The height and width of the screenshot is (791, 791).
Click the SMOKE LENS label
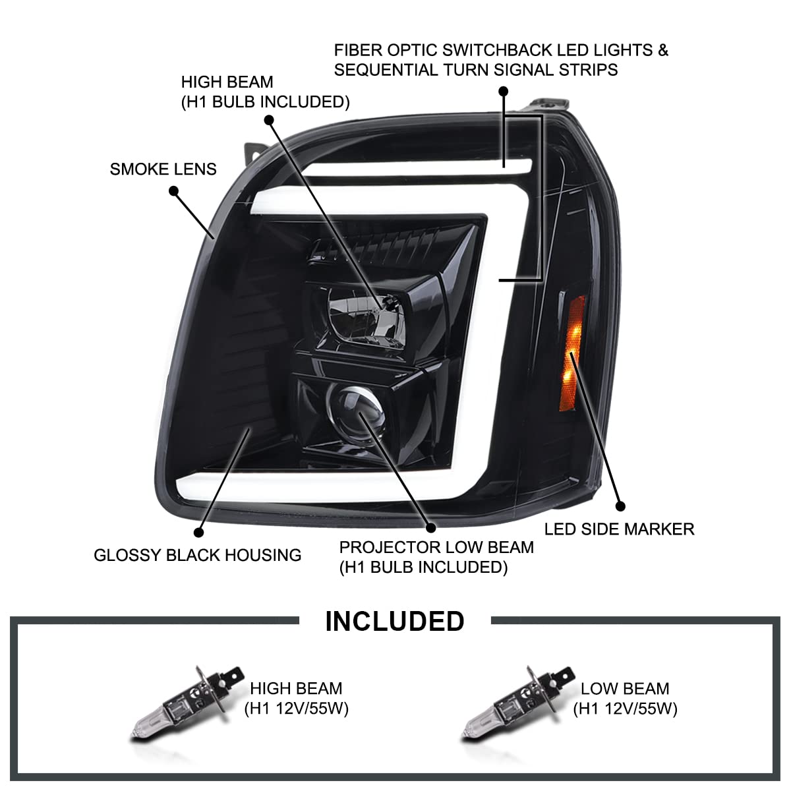(163, 169)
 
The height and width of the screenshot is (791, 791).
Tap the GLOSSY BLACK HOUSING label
(198, 555)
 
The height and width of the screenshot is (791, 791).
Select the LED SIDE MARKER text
(619, 529)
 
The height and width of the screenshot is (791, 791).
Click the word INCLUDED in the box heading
(395, 621)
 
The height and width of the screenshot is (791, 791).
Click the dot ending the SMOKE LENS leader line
(173, 191)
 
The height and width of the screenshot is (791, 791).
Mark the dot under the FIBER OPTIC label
(503, 91)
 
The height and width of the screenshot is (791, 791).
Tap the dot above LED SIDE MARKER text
(621, 506)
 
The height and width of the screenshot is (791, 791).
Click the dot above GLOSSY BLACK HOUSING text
(198, 533)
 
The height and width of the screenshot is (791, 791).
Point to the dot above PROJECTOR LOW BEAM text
(430, 527)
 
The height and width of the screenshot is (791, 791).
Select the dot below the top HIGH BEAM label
(269, 120)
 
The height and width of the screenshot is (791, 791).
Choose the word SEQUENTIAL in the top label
(386, 70)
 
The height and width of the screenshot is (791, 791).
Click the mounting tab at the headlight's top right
(550, 104)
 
